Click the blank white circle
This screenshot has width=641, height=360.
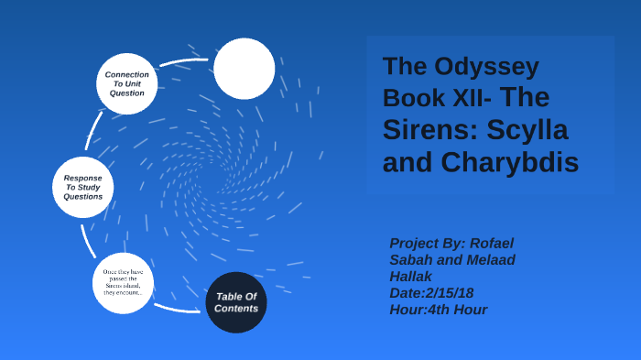(244, 69)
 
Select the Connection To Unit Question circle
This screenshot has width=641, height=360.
(127, 83)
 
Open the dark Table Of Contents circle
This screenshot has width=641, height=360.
(236, 301)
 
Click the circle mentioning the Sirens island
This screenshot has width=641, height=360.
(123, 283)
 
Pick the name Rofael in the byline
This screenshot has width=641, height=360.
(485, 243)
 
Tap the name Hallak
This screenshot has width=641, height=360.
(412, 276)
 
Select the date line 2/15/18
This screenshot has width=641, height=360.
(431, 292)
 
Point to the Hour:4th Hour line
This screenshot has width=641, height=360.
(438, 310)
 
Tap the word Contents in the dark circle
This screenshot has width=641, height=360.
(236, 309)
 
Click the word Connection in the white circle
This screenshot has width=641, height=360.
(127, 74)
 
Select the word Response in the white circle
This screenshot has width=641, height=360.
(82, 177)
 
